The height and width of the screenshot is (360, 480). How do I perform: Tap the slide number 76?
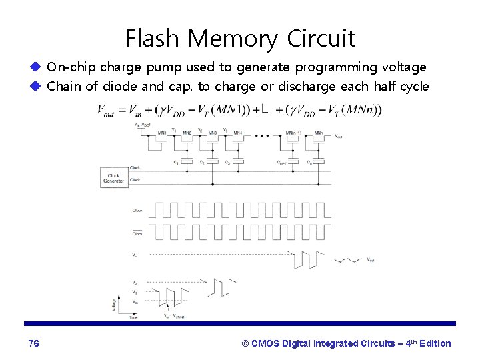coord(34,343)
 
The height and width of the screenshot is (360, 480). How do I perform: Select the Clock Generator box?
coord(113,177)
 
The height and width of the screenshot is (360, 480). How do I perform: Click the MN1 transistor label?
coord(161,133)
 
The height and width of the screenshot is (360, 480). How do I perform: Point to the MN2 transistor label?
coord(187,133)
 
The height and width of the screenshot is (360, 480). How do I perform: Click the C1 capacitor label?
coord(175,162)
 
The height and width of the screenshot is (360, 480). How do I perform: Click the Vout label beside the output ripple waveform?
coord(371,260)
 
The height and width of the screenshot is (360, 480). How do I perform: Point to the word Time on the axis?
coord(134,318)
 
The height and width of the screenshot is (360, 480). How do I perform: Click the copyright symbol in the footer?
coord(245,343)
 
